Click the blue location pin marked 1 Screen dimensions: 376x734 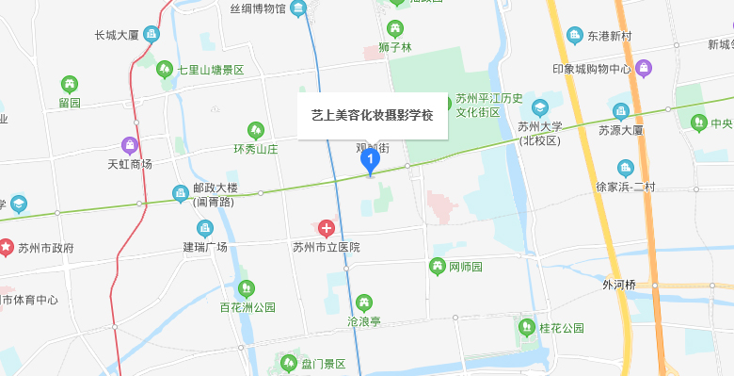tap(371, 161)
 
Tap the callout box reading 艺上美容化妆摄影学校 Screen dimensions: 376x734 tap(373, 115)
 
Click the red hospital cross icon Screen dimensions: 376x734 tap(327, 228)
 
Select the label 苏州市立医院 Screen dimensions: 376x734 tap(327, 248)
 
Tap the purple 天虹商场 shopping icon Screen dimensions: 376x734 tap(130, 145)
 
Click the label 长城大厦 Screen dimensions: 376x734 tap(117, 36)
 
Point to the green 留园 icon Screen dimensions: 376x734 tap(70, 84)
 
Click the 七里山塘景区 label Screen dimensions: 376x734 tap(212, 69)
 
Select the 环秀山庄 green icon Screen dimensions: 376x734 tap(255, 130)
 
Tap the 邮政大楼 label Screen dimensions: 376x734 tap(215, 188)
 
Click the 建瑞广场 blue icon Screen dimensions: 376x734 tap(205, 228)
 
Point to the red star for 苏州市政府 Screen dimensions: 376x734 tap(7, 248)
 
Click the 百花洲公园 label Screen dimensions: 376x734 tap(247, 307)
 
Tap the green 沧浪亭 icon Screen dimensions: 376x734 tap(364, 302)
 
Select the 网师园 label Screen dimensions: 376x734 tap(465, 268)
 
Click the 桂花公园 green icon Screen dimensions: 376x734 tap(527, 328)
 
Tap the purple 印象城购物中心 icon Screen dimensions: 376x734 tap(644, 68)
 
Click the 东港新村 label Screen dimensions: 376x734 tap(614, 37)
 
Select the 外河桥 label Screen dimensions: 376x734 tap(619, 284)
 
